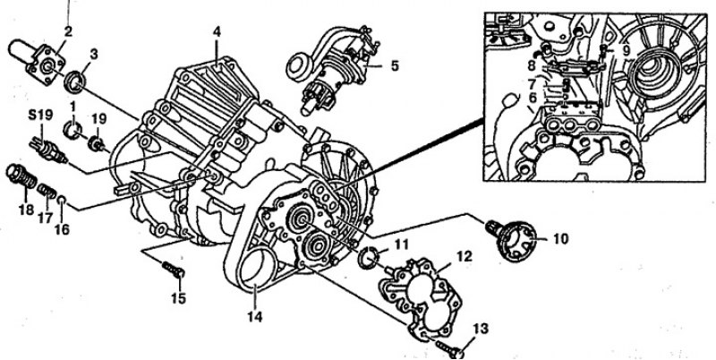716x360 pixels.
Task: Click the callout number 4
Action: click(217, 32)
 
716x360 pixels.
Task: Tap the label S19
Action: click(40, 115)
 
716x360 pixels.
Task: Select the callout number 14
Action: click(255, 317)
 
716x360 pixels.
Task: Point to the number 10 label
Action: click(560, 238)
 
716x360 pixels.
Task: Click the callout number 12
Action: click(464, 257)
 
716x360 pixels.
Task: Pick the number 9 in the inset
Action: click(626, 48)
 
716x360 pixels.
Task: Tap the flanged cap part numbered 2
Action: click(39, 61)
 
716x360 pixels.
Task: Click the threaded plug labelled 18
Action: click(21, 176)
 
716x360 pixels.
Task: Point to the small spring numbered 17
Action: click(47, 191)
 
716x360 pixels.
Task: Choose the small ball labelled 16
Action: click(62, 200)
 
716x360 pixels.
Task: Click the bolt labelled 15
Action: click(174, 270)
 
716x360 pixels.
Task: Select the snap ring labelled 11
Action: click(369, 257)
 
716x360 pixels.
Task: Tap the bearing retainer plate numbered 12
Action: click(421, 299)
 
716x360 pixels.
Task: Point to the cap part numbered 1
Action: click(72, 130)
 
